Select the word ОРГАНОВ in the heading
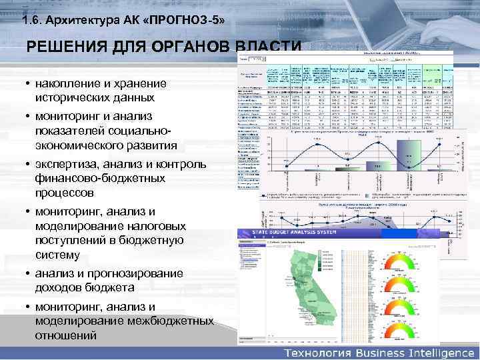189,48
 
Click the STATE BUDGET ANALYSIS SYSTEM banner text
292,233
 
